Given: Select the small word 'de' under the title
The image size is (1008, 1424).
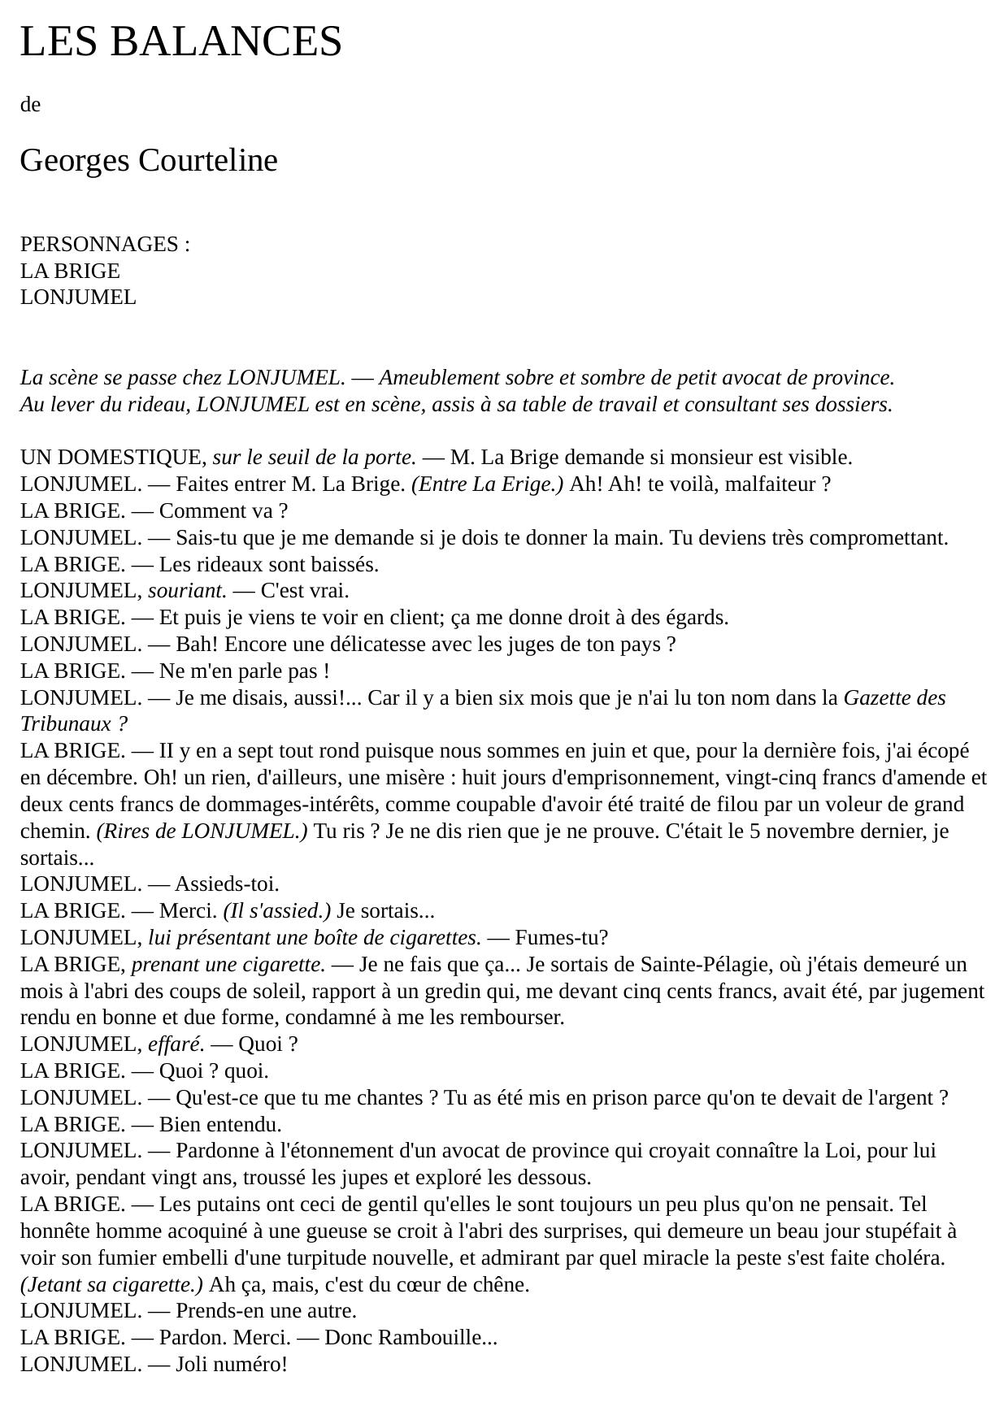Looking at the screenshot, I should point(30,104).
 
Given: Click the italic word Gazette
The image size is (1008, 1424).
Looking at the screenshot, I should point(877,697).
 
